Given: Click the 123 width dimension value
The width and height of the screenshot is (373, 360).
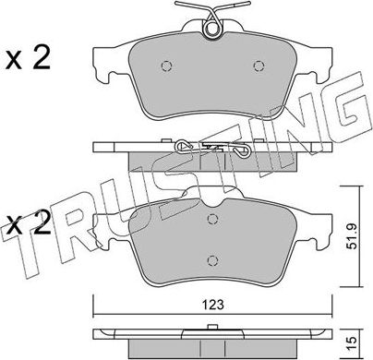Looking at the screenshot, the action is pos(213,305).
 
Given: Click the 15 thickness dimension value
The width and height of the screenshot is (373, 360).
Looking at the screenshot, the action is pos(353,341).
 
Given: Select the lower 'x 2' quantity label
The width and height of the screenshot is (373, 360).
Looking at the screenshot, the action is pos(29,223).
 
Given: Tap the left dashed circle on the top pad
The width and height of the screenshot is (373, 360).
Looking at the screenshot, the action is pos(166,66).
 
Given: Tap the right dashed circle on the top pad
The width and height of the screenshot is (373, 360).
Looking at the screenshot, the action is pos(259,66).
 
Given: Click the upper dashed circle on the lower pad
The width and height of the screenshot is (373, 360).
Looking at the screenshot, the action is pos(212,219).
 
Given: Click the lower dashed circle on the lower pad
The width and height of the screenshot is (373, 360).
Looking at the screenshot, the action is pos(212,260).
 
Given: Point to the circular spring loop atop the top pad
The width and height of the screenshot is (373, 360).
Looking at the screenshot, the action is pos(212,29).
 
